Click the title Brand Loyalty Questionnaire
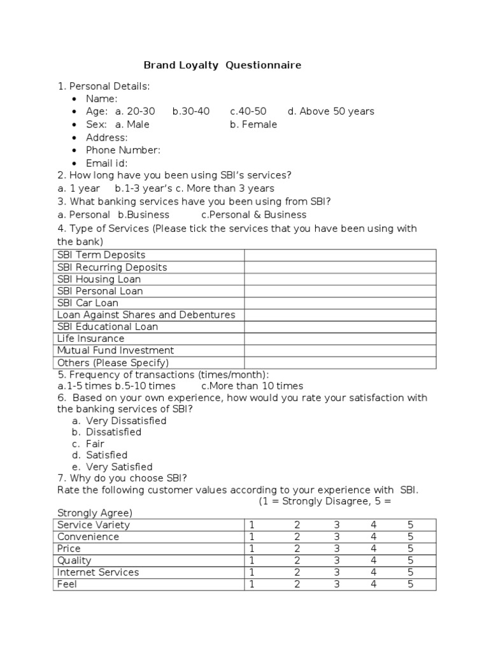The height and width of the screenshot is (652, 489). click(x=222, y=65)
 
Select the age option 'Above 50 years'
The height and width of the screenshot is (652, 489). click(x=330, y=111)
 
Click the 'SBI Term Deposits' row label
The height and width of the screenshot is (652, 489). click(x=101, y=255)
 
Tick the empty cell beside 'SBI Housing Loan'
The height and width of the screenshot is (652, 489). click(x=339, y=279)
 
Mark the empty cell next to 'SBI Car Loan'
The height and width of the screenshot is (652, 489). click(x=339, y=303)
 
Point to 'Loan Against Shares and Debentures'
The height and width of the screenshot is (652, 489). click(x=146, y=315)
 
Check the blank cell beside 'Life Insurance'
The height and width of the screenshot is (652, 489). click(x=339, y=339)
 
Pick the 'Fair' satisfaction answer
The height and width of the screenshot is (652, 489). click(x=95, y=444)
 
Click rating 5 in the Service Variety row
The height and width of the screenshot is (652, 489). click(x=411, y=525)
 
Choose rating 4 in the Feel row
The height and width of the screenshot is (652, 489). click(x=374, y=584)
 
